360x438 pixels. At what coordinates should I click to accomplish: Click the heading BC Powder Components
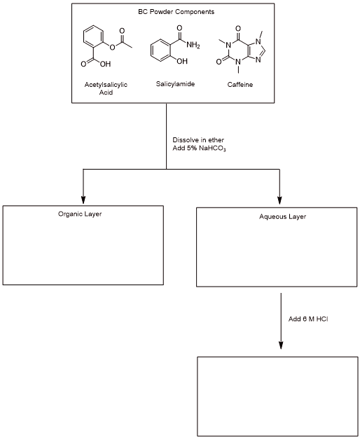tap(166, 13)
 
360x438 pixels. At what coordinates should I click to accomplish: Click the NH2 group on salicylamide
tap(193, 46)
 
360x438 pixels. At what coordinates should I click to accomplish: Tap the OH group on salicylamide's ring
tap(173, 69)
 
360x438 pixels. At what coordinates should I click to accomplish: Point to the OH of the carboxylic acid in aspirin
tap(105, 64)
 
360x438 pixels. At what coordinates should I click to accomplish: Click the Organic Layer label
tap(80, 213)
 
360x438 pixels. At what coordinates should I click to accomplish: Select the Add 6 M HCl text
tap(308, 319)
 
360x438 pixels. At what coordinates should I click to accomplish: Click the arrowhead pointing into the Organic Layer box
tap(83, 198)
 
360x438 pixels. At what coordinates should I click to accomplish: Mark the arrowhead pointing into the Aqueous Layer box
tap(280, 198)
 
